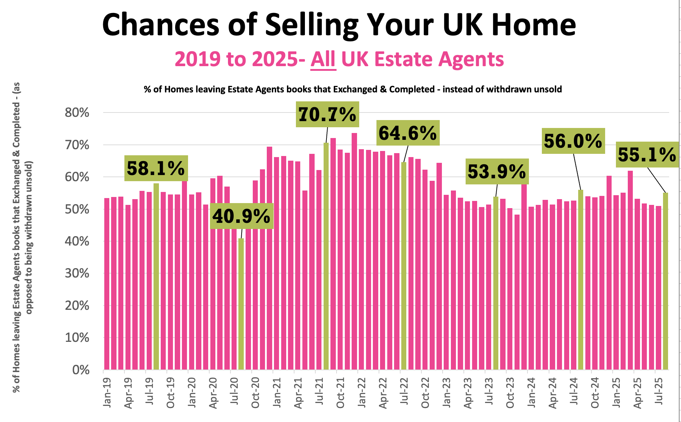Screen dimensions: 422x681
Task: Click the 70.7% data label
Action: click(x=327, y=114)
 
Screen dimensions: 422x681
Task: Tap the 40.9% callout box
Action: click(x=241, y=216)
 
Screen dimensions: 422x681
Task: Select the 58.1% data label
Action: click(x=156, y=168)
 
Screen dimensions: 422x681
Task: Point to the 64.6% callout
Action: click(x=408, y=133)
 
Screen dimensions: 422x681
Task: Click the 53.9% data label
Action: click(x=497, y=171)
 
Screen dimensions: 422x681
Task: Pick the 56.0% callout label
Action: click(x=573, y=141)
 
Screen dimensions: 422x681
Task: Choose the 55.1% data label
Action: click(x=647, y=155)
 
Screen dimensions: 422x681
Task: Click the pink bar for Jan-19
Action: click(x=107, y=284)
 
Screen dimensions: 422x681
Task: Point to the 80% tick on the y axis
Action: click(x=77, y=113)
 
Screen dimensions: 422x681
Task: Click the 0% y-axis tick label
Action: click(x=81, y=370)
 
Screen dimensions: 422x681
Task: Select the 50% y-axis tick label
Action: click(x=77, y=209)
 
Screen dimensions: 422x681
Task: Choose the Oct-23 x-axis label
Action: click(x=510, y=393)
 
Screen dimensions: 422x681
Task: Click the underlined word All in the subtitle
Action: click(x=323, y=59)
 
